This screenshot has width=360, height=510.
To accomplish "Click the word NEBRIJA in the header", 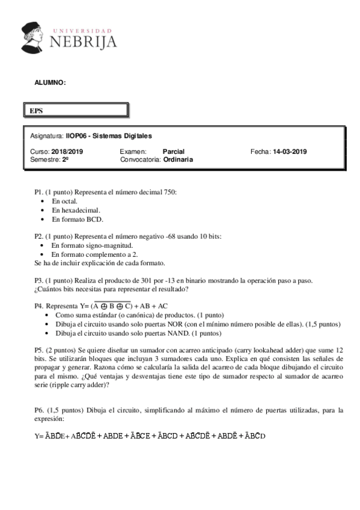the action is tap(83, 41).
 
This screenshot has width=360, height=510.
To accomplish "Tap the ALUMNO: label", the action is tap(50, 83).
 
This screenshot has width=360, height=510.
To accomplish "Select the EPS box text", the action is tap(37, 111).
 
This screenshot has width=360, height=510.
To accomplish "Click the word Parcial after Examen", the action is tap(174, 152).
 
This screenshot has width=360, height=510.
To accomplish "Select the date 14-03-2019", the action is tap(290, 152).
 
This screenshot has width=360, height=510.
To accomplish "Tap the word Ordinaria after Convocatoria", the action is tap(178, 160).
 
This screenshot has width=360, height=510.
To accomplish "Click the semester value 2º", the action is tap(65, 160).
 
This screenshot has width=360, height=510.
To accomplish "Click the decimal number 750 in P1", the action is tap(170, 192).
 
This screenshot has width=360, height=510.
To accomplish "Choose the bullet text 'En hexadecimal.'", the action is tap(76, 210).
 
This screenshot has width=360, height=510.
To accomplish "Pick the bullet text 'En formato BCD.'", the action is tap(78, 220).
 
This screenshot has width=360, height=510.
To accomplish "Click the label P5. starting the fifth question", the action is tap(39, 351).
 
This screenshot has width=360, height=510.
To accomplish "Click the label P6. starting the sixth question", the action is tap(39, 411).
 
